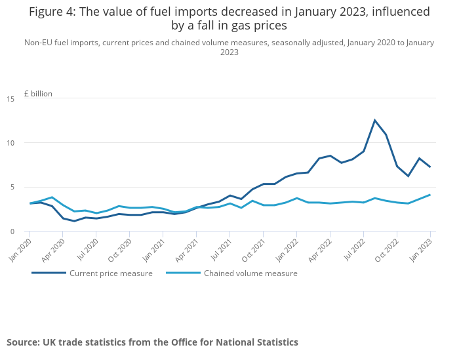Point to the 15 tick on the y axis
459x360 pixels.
(10, 99)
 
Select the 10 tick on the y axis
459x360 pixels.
(10, 143)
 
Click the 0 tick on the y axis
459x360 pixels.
(12, 231)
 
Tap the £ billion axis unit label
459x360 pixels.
(38, 94)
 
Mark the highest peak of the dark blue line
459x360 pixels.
(375, 120)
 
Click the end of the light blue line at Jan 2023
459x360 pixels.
(430, 195)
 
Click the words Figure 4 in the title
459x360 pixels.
(52, 12)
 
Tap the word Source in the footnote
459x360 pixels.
(22, 342)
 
